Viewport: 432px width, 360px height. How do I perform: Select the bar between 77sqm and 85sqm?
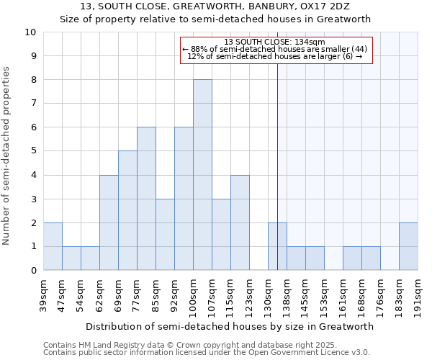pos(146,199)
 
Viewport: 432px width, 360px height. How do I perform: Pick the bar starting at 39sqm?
pos(53,246)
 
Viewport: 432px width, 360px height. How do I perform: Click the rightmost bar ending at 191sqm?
pos(408,246)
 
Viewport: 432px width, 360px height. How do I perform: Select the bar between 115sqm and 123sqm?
pos(240,222)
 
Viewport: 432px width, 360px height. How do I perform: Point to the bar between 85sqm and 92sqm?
pos(165,235)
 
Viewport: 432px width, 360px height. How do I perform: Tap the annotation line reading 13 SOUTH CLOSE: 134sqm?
pos(275,42)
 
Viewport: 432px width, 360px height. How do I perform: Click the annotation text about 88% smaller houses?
pos(275,49)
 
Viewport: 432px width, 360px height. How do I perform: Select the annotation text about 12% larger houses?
pos(275,56)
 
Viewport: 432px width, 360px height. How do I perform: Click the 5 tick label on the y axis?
pos(32,151)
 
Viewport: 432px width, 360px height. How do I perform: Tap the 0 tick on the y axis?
pos(32,271)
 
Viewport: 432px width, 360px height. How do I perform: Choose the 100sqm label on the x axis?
pos(193,294)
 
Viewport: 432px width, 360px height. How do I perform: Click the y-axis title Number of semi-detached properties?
pos(7,156)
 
